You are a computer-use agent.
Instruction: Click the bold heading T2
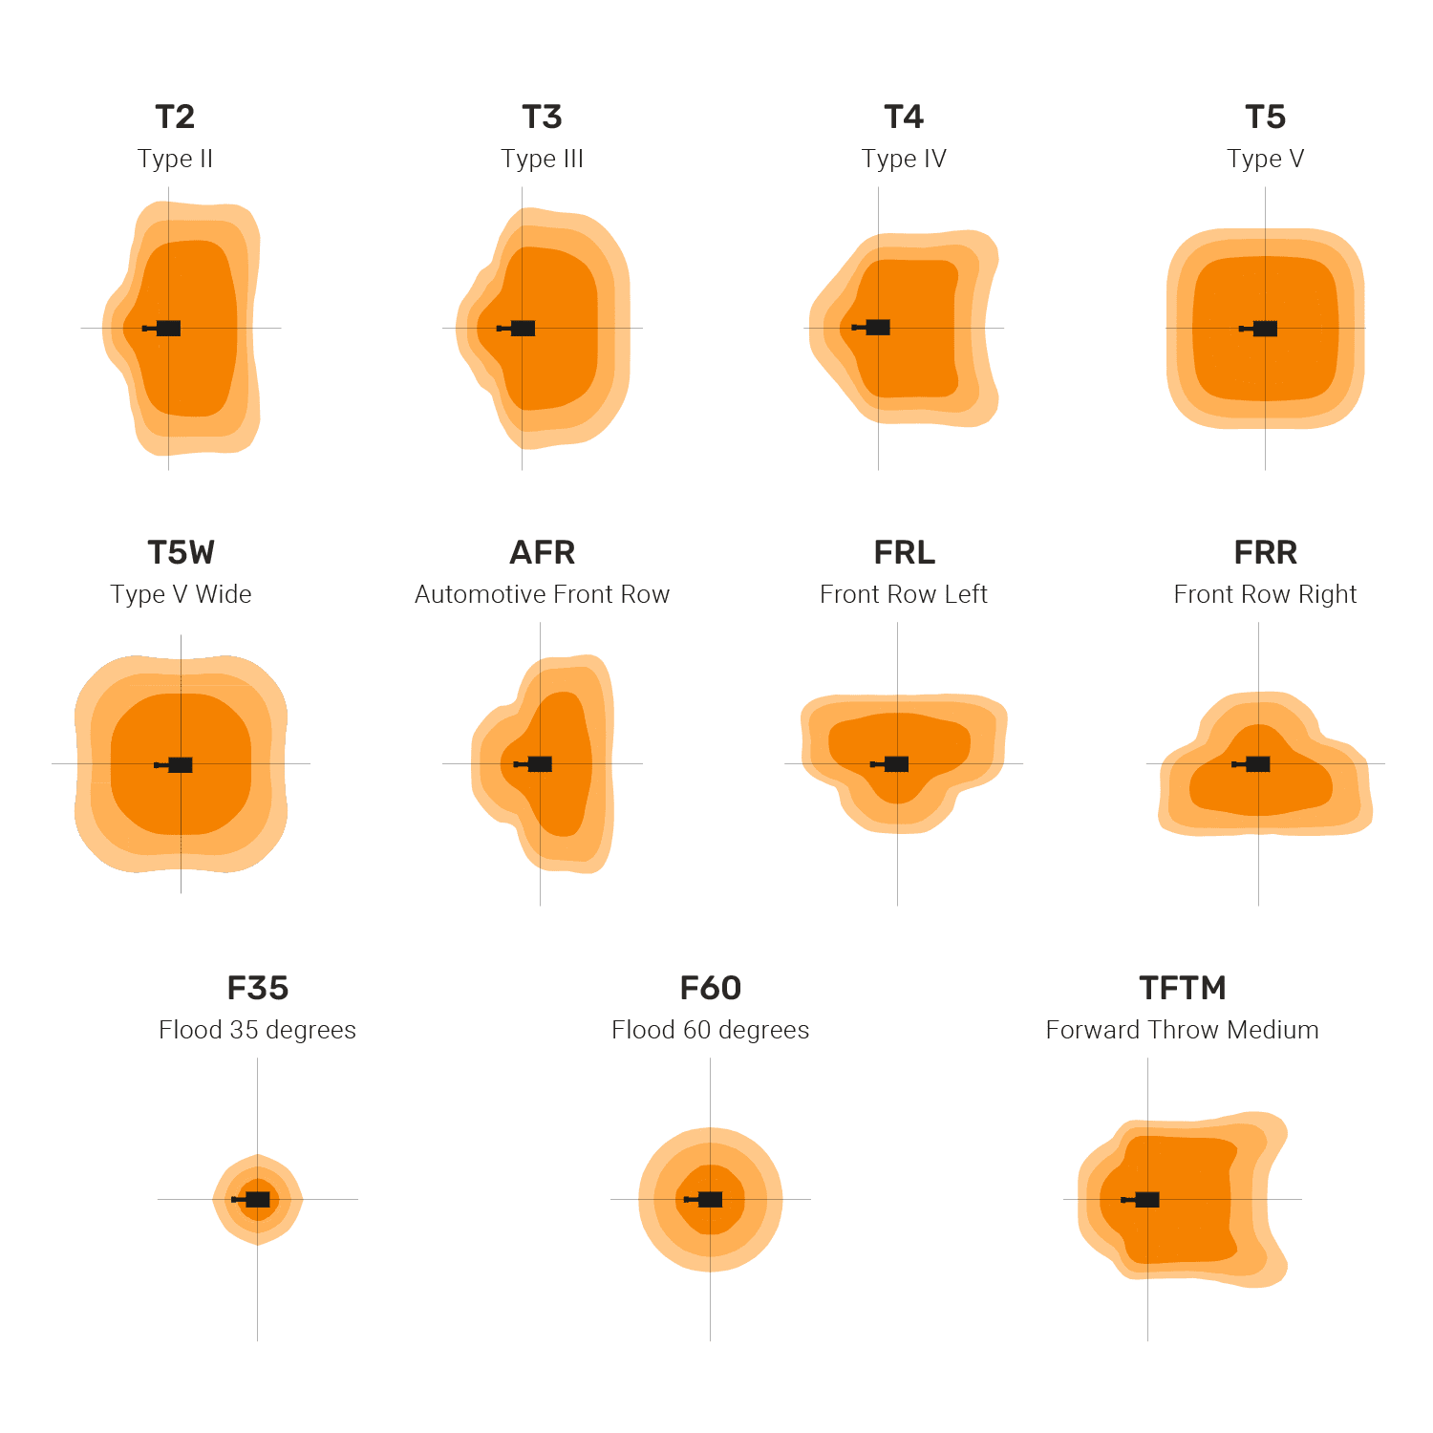coord(175,118)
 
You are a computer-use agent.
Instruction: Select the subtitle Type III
coord(542,159)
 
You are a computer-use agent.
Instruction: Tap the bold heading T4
coord(904,118)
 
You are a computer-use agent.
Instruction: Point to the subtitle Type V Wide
coord(181,594)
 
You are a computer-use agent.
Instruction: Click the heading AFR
coord(542,553)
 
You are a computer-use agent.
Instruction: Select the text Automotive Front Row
coord(542,594)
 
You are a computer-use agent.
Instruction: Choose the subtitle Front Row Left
coord(904,594)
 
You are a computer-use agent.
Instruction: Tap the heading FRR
coord(1265,553)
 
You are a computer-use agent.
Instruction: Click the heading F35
coord(257,989)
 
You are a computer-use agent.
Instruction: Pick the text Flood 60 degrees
coord(710,1030)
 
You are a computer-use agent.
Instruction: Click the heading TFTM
coord(1182,989)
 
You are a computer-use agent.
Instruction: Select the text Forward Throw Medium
coord(1182,1030)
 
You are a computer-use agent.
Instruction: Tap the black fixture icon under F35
coord(254,1200)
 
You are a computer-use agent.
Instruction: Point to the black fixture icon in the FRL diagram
coord(892,764)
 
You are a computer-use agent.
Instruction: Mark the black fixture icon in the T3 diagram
coord(519,329)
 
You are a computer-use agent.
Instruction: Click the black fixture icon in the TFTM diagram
coord(1144,1200)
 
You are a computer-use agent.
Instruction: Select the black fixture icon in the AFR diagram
coord(536,764)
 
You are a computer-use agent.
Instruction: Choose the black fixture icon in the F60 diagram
coord(706,1200)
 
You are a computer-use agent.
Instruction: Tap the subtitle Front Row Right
coord(1265,594)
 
